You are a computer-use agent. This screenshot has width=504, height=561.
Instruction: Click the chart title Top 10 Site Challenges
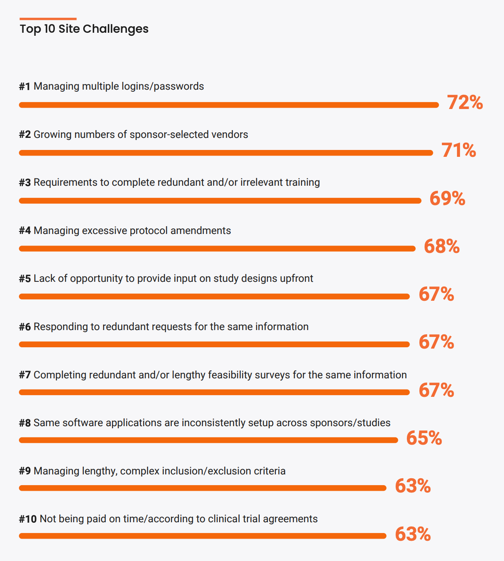coord(84,29)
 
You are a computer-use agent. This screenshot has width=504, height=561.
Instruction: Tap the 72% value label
coord(465,103)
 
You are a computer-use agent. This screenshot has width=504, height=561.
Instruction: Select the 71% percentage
coord(459,150)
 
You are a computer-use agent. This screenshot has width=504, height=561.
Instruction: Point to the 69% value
coord(447,198)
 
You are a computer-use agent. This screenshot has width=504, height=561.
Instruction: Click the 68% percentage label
coord(442,246)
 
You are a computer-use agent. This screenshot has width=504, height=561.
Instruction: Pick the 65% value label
coord(424,438)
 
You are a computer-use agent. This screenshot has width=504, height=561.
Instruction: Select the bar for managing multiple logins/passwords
coord(229,105)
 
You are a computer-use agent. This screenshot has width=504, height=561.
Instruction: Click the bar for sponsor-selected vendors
coord(226,153)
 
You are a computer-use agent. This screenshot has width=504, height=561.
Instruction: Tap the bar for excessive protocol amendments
coord(217,249)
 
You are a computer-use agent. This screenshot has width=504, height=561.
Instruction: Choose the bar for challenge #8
coord(208,440)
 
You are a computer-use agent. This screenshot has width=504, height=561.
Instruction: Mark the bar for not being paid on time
coord(202,536)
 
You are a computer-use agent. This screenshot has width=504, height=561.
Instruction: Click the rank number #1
coord(25,87)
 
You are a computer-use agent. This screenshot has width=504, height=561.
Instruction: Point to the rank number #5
coord(25,279)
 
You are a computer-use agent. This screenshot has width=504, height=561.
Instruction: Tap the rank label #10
coord(28,519)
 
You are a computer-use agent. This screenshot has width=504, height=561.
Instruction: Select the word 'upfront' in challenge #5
coord(296,279)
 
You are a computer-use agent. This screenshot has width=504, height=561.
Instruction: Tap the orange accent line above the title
coord(48,19)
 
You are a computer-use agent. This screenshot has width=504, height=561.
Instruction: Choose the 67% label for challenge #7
coord(436,390)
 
